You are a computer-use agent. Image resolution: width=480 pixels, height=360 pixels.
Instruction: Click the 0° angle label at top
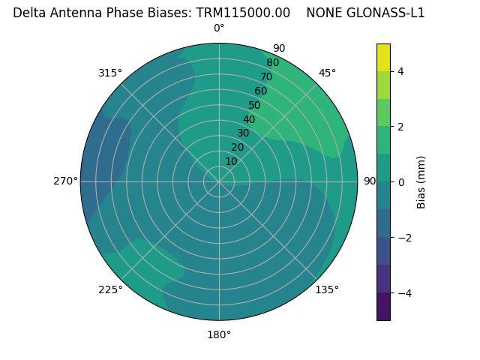pos(219,28)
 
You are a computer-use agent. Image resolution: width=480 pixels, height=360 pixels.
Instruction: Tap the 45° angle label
pos(327,73)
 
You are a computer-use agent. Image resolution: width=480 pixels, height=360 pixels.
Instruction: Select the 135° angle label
pos(327,289)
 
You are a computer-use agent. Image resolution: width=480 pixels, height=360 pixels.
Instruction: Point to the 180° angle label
pos(219,334)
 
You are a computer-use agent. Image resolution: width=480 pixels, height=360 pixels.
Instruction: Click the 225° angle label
pos(110,289)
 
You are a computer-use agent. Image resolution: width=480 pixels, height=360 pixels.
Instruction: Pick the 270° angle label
pos(66,181)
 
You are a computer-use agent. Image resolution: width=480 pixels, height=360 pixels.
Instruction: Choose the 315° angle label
pos(110,73)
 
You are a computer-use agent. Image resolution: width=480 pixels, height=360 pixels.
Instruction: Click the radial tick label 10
pos(231,161)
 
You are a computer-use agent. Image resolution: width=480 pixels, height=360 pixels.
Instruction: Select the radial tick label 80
pos(272,63)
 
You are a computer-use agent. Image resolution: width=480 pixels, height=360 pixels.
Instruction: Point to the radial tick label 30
pos(243,133)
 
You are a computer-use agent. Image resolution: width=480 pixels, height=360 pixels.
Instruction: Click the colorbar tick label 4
pos(400,71)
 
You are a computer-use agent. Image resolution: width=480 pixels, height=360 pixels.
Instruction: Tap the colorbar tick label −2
pos(403,238)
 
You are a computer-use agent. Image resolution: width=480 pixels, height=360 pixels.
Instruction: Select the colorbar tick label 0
pos(400,182)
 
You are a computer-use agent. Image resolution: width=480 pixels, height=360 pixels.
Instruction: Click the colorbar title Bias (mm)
pos(421,182)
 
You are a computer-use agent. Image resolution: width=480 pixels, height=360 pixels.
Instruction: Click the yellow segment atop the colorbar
pos(383,57)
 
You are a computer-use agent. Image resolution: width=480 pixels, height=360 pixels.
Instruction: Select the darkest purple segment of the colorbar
pos(383,307)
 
